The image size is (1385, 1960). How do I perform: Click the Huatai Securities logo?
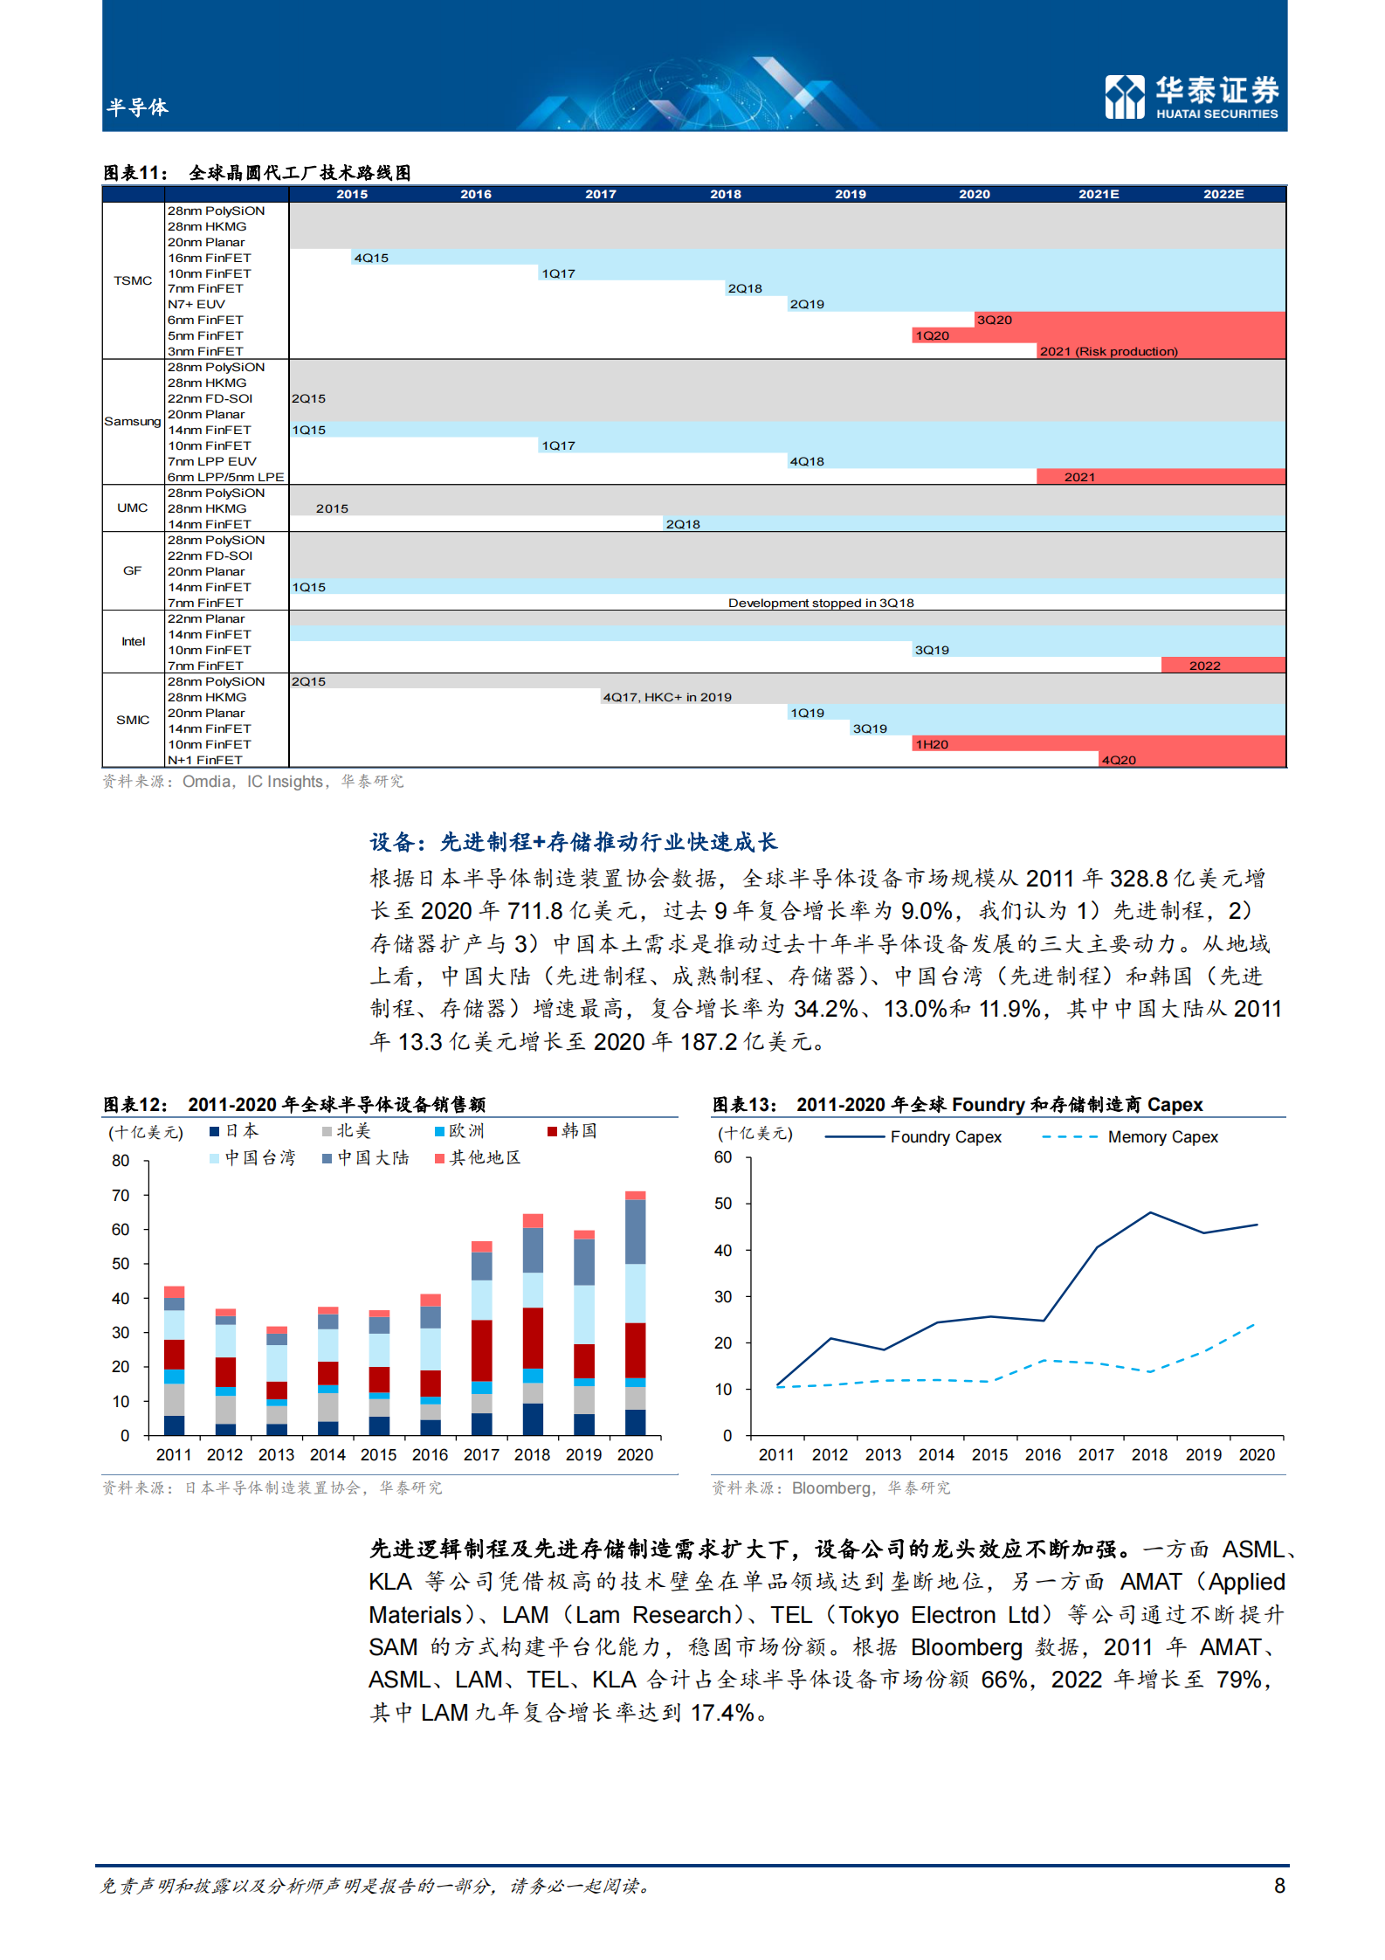(1191, 96)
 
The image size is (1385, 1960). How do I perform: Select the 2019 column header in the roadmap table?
(850, 194)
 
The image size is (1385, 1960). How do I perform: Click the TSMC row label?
(133, 280)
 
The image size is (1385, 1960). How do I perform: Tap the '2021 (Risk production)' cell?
(1108, 351)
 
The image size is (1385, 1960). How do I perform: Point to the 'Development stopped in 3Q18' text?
(820, 603)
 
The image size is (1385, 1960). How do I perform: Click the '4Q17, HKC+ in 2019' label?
(667, 697)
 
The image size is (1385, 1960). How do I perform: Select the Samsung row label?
(133, 421)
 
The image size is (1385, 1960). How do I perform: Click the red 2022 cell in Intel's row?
(1204, 666)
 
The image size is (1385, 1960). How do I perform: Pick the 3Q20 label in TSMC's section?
(994, 320)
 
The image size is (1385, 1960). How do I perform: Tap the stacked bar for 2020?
(635, 1313)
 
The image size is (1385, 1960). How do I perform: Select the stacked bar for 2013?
(277, 1380)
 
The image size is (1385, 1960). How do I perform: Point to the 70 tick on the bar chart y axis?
(121, 1195)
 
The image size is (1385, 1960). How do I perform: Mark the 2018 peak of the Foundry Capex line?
(1150, 1213)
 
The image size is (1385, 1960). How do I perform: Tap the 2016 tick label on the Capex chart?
(1043, 1455)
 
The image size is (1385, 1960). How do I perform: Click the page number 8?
(1279, 1886)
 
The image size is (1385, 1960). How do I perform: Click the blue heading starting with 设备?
(573, 842)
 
